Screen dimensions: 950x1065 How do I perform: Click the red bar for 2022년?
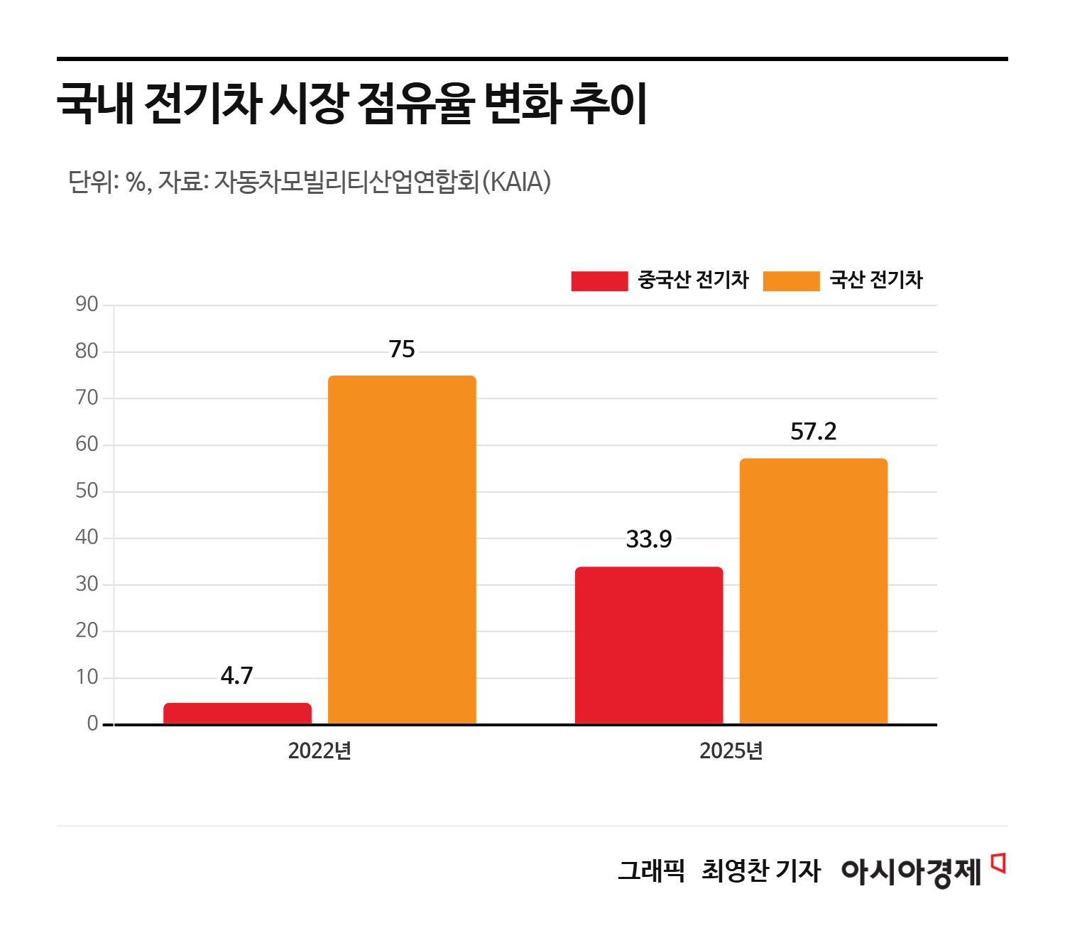coord(237,714)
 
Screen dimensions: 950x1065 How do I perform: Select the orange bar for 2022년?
coord(402,550)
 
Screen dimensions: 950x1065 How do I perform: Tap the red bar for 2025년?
coord(649,645)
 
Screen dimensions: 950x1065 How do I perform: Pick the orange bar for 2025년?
coord(814,591)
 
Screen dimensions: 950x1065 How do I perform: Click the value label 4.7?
coord(237,676)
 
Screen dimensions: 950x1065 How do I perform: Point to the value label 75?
coord(402,349)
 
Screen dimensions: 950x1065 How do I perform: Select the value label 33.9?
coord(649,540)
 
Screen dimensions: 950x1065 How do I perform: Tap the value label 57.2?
coord(814,432)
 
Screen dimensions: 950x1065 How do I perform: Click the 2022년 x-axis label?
coord(319,751)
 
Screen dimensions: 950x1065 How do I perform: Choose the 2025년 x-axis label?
coord(731,751)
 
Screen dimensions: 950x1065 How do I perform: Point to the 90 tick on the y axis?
coord(87,305)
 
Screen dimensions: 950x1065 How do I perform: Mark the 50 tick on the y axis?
coord(87,491)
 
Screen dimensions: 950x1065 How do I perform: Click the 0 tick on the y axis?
coord(92,724)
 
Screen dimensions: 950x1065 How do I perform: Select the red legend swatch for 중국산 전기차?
coord(599,281)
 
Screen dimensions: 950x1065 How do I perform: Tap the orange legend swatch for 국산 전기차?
coord(791,281)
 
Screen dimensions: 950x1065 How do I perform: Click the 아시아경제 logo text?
coord(911,871)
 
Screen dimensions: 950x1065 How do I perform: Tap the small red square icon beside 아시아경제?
coord(998,862)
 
